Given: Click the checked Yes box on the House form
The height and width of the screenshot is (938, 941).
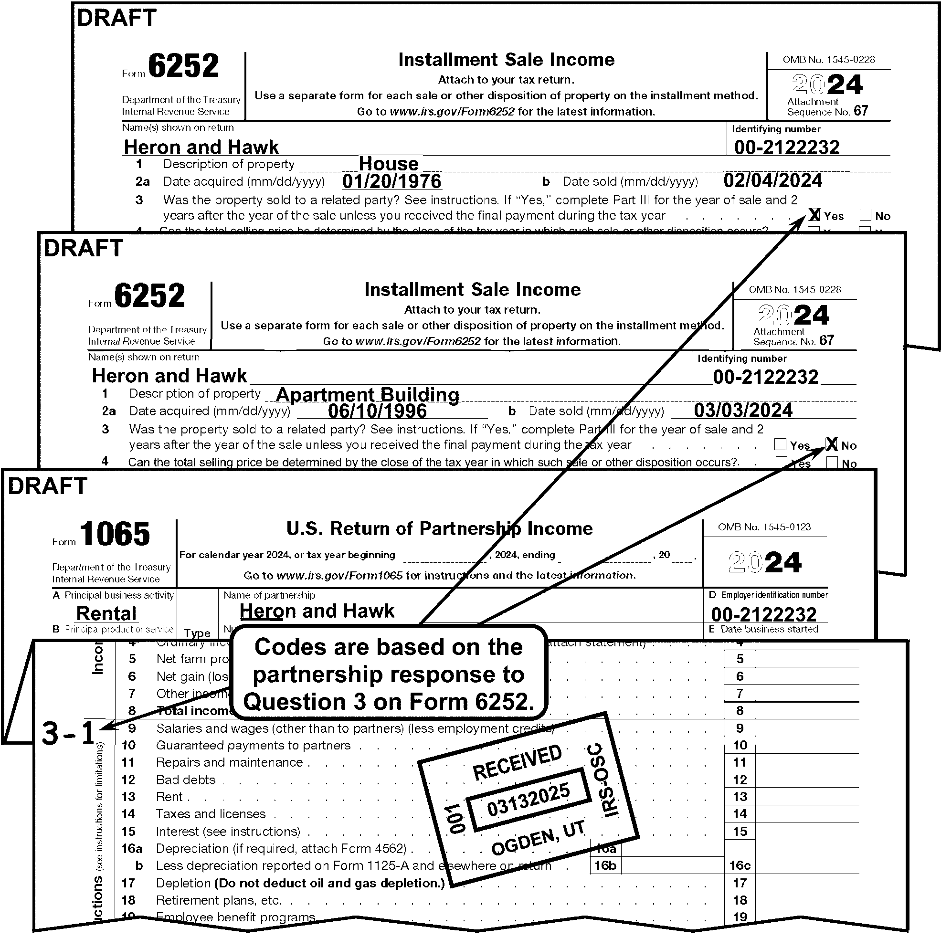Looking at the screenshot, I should click(x=814, y=215).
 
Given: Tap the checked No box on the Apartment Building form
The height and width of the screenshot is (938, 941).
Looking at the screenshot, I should click(x=831, y=444).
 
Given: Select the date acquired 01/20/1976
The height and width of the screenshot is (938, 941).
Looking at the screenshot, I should click(x=391, y=181).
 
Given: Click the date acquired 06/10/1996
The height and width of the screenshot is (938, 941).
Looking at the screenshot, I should click(x=377, y=411).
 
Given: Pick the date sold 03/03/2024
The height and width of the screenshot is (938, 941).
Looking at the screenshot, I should click(x=743, y=410).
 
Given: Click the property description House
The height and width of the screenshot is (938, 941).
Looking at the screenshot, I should click(x=388, y=164).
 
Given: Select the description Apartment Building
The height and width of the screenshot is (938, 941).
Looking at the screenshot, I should click(x=367, y=394).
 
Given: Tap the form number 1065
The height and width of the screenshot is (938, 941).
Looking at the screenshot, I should click(x=115, y=534).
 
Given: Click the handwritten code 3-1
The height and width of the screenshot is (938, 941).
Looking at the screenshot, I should click(x=68, y=733).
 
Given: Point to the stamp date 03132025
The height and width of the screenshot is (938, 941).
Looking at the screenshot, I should click(x=529, y=800).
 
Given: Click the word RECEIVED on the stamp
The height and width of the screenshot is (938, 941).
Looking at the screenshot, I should click(x=517, y=762).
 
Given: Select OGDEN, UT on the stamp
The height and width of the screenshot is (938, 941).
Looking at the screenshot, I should click(x=538, y=841).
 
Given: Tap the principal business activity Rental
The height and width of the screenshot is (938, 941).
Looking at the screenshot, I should click(x=106, y=613).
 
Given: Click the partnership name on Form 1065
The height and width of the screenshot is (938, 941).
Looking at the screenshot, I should click(x=317, y=611).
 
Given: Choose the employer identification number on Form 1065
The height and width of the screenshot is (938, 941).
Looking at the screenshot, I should click(x=763, y=614).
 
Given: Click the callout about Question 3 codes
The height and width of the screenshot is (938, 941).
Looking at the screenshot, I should click(x=389, y=674).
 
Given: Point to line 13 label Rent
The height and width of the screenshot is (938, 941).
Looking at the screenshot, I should click(x=169, y=797).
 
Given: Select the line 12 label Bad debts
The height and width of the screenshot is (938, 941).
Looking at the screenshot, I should click(x=186, y=780).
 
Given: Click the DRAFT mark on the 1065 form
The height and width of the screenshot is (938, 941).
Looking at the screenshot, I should click(x=47, y=486).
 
